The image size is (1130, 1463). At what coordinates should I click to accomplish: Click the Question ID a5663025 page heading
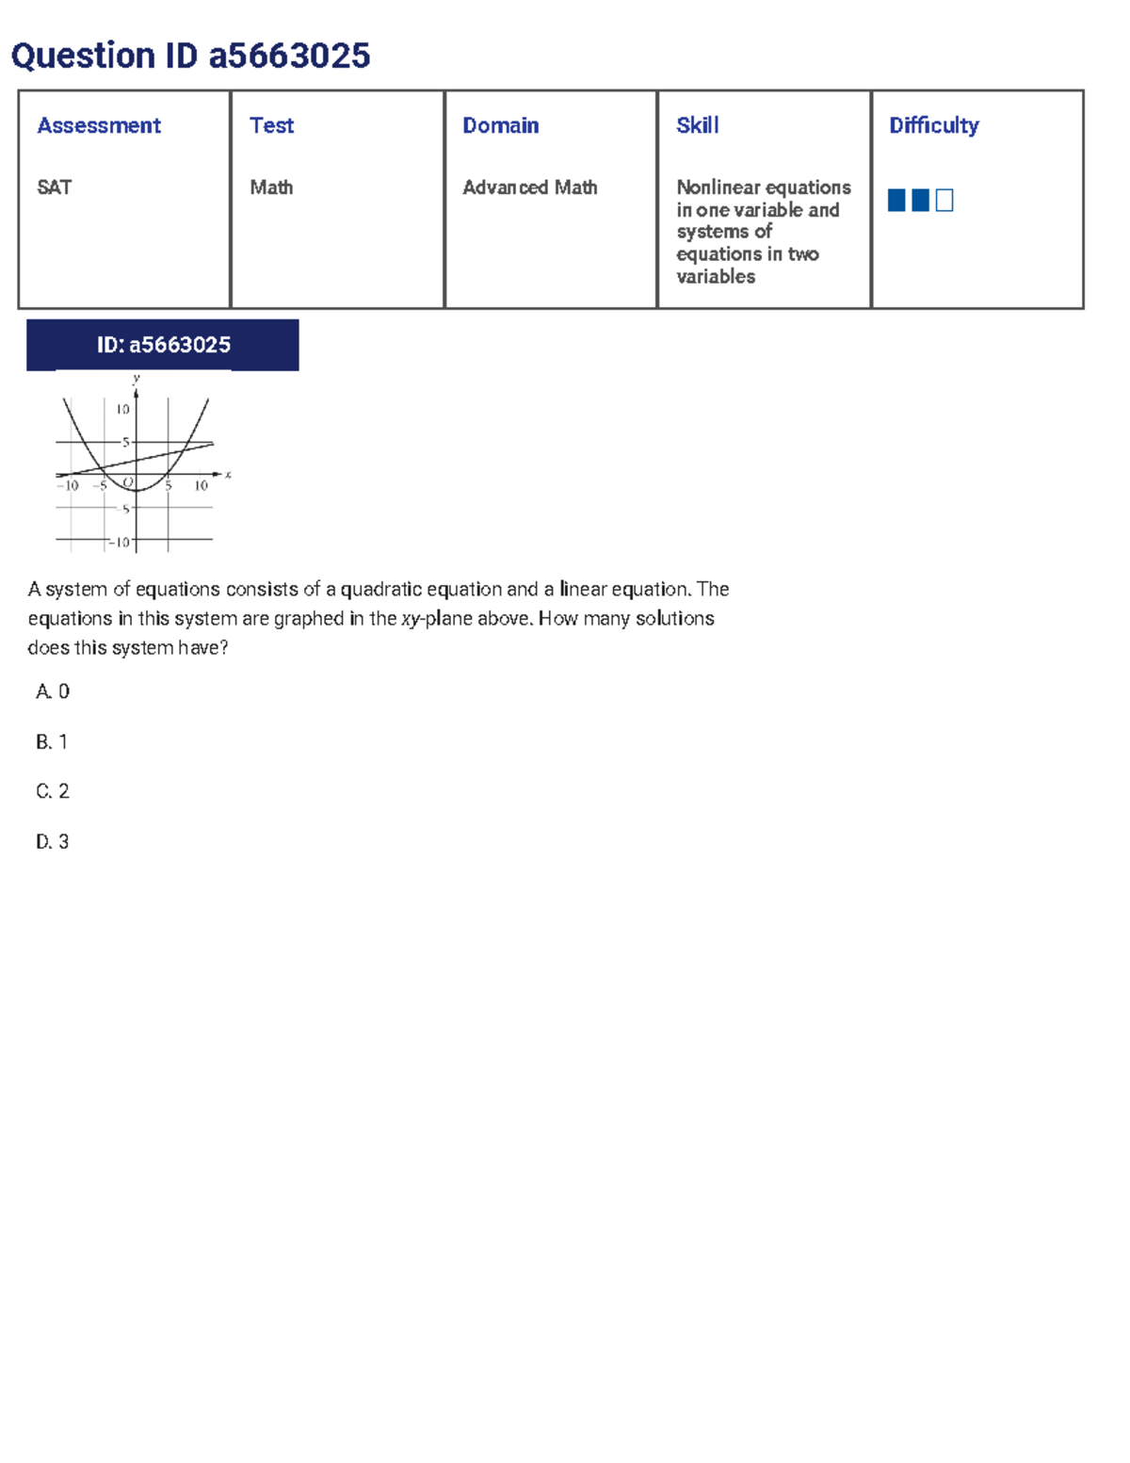(190, 57)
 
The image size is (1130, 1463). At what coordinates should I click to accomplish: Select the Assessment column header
(99, 125)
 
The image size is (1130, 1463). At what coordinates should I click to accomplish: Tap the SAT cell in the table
(55, 187)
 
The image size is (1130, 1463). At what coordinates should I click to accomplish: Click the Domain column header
(500, 125)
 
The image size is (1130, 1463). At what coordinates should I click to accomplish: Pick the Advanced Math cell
(529, 187)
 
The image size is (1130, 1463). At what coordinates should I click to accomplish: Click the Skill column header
(697, 125)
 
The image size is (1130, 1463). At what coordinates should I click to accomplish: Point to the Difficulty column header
(933, 125)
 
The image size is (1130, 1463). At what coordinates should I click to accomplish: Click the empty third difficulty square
(944, 200)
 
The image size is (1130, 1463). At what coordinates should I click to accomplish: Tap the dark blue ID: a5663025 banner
(163, 345)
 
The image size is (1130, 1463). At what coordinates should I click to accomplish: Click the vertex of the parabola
(136, 491)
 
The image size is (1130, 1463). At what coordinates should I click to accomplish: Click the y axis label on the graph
(137, 379)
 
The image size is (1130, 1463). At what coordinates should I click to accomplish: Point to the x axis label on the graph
(228, 475)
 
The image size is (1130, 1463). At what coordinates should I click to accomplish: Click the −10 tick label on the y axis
(120, 542)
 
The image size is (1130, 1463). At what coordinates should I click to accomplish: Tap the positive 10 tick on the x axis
(201, 486)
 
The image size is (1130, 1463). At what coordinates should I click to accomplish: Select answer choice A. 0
(53, 691)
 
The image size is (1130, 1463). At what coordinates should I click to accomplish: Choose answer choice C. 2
(53, 791)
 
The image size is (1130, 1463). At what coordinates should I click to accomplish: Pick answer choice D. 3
(53, 841)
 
